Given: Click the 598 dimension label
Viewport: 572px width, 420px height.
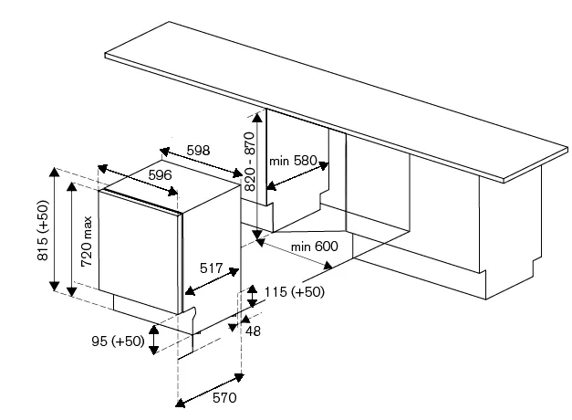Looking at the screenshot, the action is (x=199, y=150).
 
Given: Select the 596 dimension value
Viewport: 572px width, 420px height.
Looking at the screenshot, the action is (x=160, y=175).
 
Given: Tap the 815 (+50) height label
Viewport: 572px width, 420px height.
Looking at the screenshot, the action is (x=43, y=230).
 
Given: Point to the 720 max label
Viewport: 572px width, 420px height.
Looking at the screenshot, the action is (x=87, y=241).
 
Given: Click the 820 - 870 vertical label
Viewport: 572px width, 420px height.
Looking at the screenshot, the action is (x=250, y=162).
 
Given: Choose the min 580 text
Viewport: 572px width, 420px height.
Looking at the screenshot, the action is (x=293, y=161).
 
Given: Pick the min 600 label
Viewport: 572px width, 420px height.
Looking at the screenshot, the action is (x=314, y=247).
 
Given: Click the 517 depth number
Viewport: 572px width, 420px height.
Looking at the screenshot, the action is (x=212, y=268).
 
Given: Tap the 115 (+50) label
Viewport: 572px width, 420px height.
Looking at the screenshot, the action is (x=294, y=292).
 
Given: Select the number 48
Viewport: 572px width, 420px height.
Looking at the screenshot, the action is (x=253, y=331).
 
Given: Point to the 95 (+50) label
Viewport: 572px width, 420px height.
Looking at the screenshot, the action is (x=119, y=341).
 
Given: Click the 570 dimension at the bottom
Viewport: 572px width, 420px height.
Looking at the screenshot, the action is (x=224, y=397).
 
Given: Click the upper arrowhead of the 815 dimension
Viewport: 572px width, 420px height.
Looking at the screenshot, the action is (x=55, y=172).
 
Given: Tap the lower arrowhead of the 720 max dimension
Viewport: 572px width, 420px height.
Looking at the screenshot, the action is (x=72, y=291).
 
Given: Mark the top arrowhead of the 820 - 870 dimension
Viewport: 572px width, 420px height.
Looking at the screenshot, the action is (x=257, y=117).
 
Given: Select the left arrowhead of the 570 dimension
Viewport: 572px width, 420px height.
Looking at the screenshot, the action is (x=181, y=403).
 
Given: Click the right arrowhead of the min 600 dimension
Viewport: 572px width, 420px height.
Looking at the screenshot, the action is (x=328, y=265).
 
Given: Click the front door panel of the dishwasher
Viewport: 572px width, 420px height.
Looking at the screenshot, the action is (x=140, y=252).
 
